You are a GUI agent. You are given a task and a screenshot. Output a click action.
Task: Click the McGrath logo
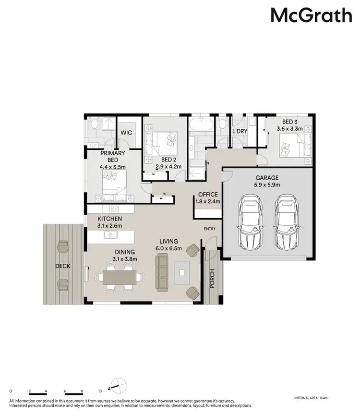[311, 15]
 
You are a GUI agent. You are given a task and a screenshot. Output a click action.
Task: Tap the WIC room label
[126, 133]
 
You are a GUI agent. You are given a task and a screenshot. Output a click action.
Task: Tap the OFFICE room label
[208, 195]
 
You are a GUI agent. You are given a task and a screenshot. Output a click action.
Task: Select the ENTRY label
[210, 229]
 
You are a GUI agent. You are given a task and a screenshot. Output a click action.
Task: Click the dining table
[120, 277]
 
